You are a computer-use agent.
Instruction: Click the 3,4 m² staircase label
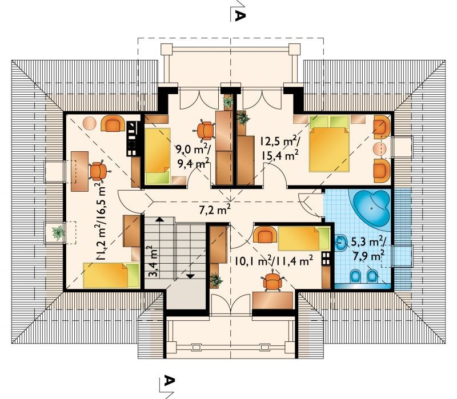pos(154,261)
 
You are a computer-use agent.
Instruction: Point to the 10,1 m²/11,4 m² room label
pos(274,261)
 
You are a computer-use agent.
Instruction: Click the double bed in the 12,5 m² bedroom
pos(330,144)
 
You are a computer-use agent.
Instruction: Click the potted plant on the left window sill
pos(58,232)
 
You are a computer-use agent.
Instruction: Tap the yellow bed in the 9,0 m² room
pos(158,156)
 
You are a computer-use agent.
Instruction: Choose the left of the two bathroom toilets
pos(355,276)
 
